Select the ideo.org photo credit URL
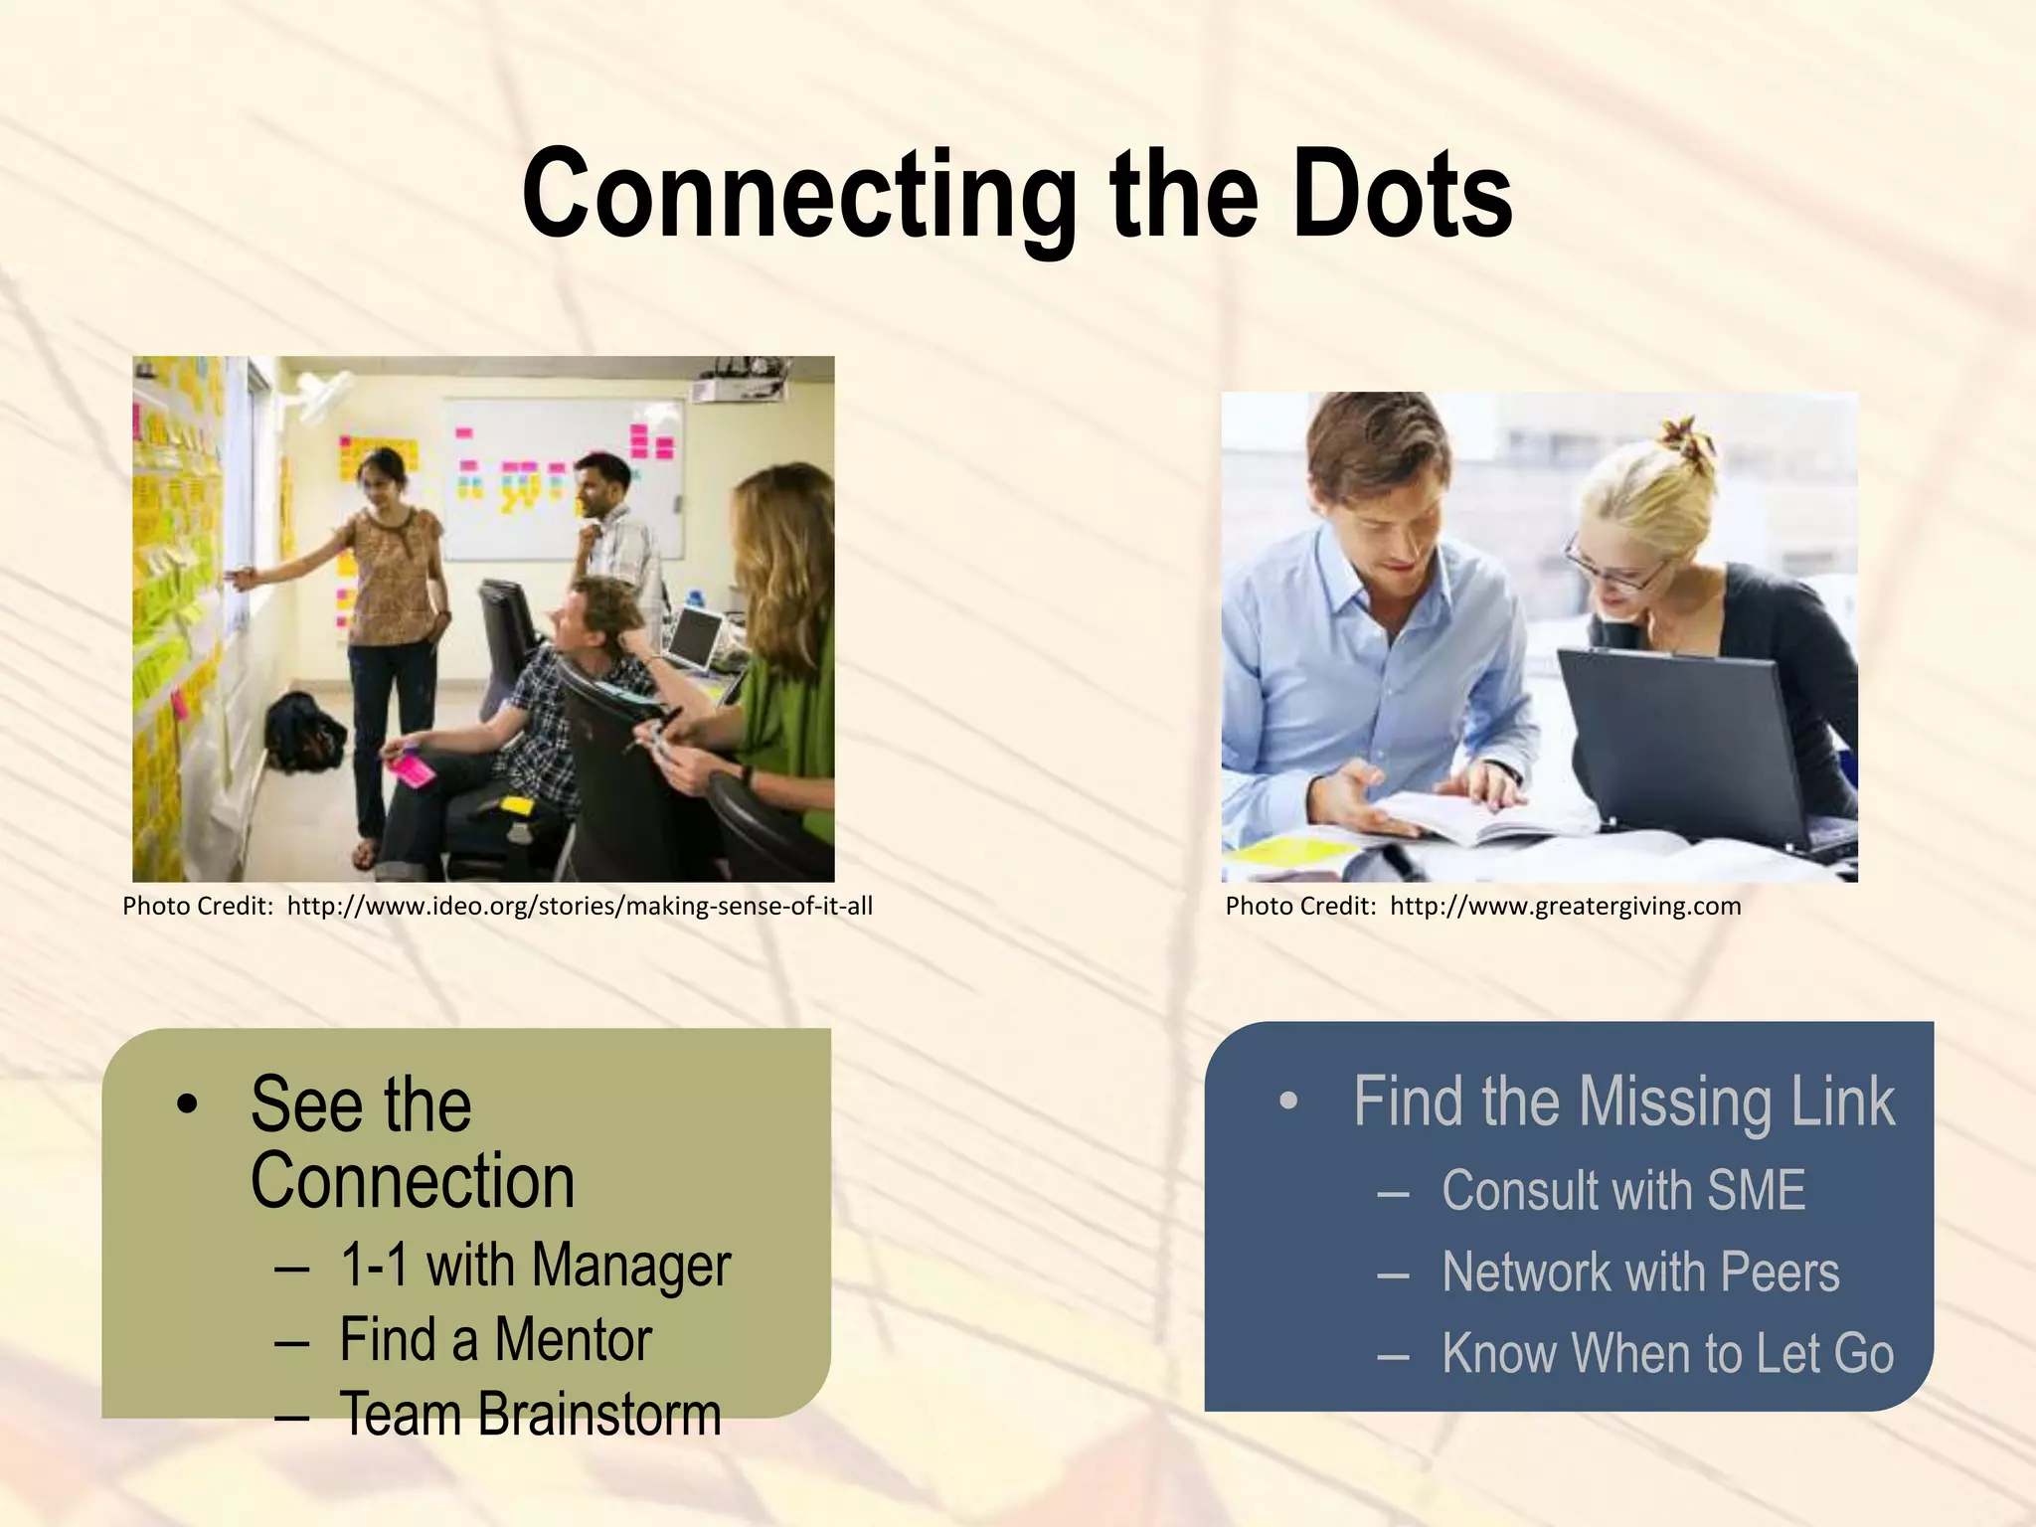coord(580,906)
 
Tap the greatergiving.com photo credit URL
coord(1565,906)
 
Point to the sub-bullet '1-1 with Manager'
coord(535,1265)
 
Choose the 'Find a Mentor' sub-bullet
coord(495,1339)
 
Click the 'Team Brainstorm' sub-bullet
coord(530,1414)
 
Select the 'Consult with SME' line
coord(1622,1190)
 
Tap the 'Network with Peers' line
coord(1640,1272)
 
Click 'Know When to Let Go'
coord(1667,1353)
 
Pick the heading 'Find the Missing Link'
coord(1623,1102)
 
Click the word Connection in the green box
coord(413,1181)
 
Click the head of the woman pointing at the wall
coord(383,477)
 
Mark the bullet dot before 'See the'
coord(186,1104)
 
